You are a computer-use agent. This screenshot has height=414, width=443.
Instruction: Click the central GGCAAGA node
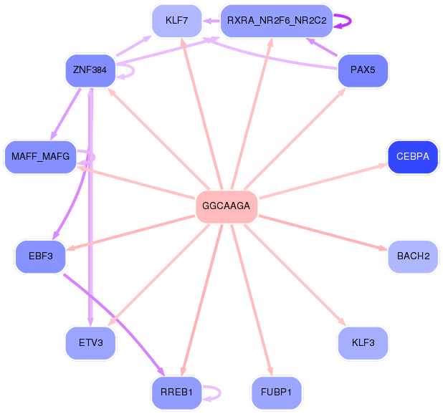(x=227, y=206)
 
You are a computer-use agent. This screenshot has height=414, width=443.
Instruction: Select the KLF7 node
(x=176, y=21)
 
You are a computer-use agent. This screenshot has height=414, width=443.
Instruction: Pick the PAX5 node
(x=363, y=71)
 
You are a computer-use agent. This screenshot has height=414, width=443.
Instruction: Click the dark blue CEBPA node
(x=412, y=157)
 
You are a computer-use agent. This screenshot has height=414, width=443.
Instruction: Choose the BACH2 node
(x=412, y=256)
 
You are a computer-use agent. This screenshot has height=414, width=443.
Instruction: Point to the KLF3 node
(x=363, y=342)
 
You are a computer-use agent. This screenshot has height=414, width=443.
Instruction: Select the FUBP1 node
(x=276, y=393)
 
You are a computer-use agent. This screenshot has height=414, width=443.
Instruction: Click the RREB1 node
(x=176, y=393)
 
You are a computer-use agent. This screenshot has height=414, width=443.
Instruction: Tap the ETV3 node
(x=90, y=342)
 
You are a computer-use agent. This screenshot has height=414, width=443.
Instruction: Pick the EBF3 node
(x=40, y=256)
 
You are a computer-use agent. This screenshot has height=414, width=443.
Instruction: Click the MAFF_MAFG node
(x=40, y=157)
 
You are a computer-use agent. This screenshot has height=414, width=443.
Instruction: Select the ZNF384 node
(x=90, y=71)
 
